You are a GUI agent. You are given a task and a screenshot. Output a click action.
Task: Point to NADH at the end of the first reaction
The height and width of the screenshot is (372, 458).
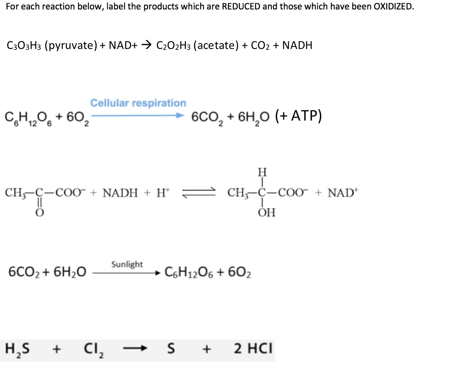click(297, 45)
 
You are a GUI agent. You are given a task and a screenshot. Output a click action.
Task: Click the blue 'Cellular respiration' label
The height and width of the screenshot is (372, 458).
click(138, 103)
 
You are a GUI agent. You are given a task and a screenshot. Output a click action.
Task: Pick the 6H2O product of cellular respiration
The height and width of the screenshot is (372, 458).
click(252, 117)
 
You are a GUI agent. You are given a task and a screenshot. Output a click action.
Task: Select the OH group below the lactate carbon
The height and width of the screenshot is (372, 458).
click(267, 213)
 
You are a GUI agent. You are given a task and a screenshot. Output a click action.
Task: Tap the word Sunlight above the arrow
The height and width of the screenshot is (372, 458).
click(127, 264)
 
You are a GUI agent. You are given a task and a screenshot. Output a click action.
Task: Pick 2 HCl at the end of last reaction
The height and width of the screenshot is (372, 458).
click(253, 349)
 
